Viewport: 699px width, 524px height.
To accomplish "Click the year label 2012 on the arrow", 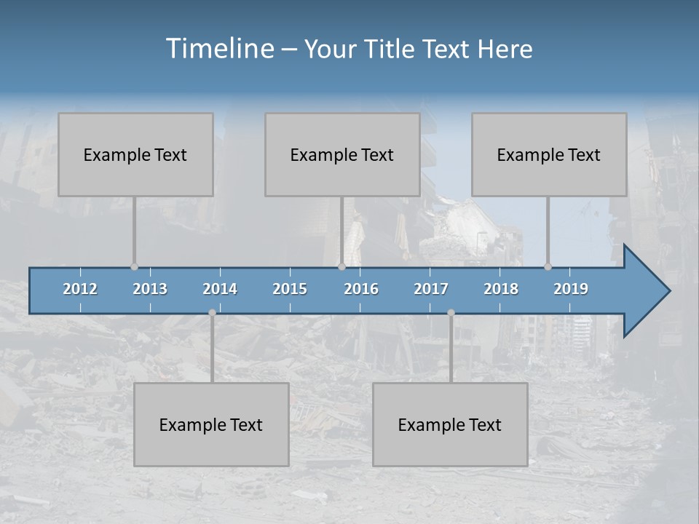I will pos(80,289).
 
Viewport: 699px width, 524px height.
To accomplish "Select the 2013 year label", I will pos(150,289).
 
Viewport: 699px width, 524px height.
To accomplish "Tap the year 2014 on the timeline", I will pos(220,289).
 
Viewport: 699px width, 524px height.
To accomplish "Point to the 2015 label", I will pos(290,289).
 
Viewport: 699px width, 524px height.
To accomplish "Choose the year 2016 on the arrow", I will pos(361,289).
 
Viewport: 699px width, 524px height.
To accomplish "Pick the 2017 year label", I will pos(431,289).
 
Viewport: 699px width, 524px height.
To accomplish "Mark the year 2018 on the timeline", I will pos(501,289).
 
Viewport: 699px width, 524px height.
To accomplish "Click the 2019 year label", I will pos(571,289).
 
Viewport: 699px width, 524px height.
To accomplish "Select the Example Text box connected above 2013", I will pos(135,154).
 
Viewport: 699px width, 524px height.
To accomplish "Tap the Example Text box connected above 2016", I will pos(342,154).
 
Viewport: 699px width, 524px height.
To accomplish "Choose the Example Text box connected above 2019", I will pos(549,154).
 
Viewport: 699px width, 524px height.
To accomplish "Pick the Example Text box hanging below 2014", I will pos(211,424).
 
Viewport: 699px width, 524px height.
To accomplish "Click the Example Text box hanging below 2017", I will pos(450,424).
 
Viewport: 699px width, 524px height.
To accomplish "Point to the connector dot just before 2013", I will pos(134,266).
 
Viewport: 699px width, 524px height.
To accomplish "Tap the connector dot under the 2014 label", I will pos(212,313).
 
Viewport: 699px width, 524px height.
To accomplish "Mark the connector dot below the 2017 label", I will pos(451,313).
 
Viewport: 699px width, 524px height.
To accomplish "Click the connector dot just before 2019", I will pos(548,266).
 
